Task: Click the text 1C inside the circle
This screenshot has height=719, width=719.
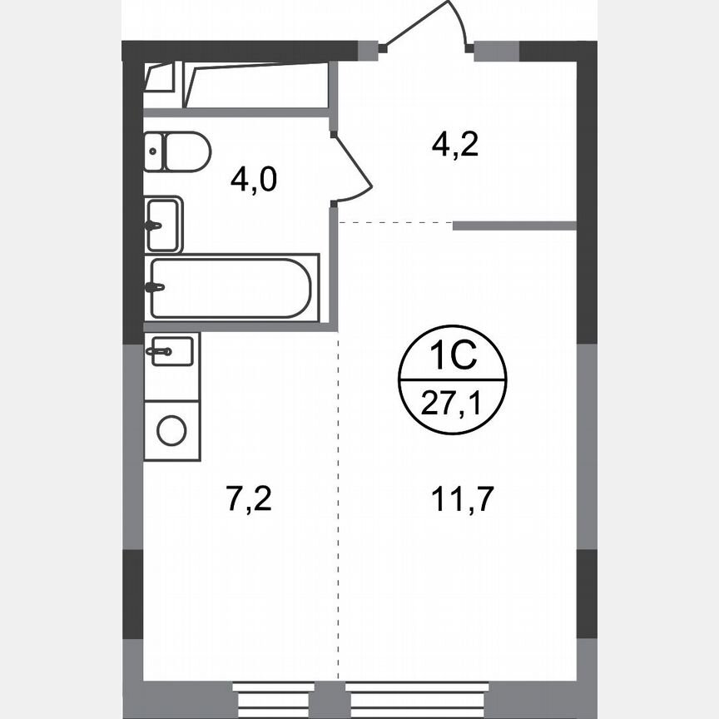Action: [x=451, y=359]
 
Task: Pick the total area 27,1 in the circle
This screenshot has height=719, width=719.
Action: [x=451, y=405]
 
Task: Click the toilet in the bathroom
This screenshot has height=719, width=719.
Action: [x=178, y=151]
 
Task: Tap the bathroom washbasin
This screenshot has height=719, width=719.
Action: [x=163, y=225]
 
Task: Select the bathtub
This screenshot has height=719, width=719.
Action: [x=231, y=288]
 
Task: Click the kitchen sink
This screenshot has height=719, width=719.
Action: [x=171, y=350]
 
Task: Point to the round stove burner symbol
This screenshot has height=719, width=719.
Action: [x=172, y=430]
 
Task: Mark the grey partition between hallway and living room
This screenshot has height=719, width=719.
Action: [x=514, y=225]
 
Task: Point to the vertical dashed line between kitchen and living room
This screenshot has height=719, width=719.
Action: [x=339, y=499]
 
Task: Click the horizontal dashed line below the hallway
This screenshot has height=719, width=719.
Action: [x=395, y=223]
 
